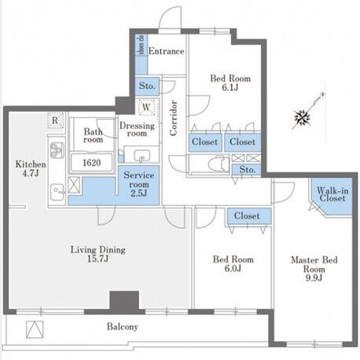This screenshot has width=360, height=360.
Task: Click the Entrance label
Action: [x=166, y=51]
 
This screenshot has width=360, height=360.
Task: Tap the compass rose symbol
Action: [x=303, y=118]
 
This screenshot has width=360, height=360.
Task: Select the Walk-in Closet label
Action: [x=332, y=194]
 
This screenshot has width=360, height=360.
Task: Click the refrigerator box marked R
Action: [x=55, y=120]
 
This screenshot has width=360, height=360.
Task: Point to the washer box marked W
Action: [x=146, y=107]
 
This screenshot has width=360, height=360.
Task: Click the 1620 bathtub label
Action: [x=91, y=163]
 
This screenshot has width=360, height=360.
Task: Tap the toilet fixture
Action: [x=219, y=164]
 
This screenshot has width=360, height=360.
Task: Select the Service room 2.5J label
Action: [x=138, y=184]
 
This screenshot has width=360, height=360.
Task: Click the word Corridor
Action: [x=174, y=118]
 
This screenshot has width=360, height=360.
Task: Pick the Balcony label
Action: [x=123, y=327]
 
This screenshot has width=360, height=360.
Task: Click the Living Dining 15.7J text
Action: [x=98, y=254]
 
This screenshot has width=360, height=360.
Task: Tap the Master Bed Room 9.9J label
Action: [x=314, y=269]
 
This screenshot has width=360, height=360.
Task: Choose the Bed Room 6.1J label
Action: [x=230, y=83]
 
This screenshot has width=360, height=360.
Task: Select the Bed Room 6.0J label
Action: [x=233, y=263]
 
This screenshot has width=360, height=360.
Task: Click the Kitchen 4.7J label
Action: [x=31, y=169]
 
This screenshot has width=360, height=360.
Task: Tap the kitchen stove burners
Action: [x=57, y=150]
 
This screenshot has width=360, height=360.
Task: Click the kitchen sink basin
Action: [x=57, y=191]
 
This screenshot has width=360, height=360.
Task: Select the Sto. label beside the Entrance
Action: [x=147, y=86]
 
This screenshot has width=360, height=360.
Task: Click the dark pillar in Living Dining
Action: [x=123, y=300]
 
